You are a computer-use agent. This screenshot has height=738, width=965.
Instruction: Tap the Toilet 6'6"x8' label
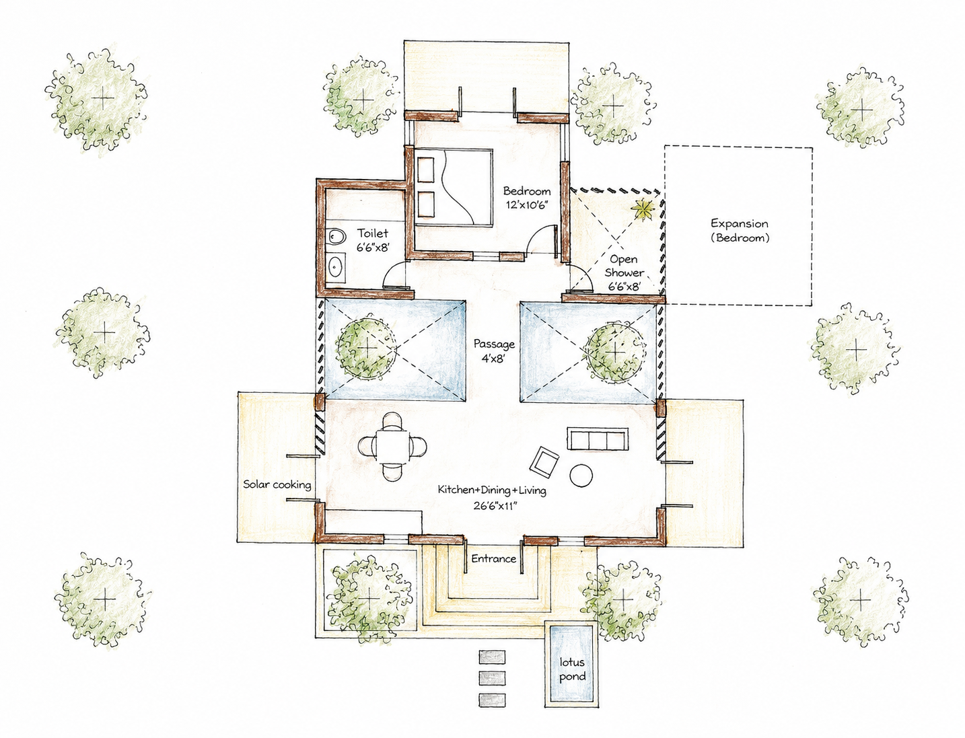(373, 239)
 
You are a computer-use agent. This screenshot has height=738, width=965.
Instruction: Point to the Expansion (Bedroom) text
(740, 230)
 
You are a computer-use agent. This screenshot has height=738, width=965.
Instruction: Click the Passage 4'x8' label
(494, 350)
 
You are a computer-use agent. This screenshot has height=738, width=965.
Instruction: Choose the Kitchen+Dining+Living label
(492, 490)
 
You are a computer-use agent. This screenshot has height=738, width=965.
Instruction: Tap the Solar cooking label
(277, 484)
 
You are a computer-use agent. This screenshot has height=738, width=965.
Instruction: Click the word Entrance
(494, 558)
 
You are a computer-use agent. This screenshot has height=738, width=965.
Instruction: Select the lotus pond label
(572, 669)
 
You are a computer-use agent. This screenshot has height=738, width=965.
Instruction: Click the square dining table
(392, 447)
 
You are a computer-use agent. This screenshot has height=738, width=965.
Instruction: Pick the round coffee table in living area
(581, 475)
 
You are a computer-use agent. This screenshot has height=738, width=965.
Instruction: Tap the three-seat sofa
(597, 438)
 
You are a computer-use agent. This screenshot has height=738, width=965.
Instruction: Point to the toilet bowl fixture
(337, 237)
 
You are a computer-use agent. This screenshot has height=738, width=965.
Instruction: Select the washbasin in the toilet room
(336, 266)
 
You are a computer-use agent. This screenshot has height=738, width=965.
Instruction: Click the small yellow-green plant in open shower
(643, 209)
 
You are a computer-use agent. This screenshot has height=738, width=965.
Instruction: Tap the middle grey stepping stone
(491, 677)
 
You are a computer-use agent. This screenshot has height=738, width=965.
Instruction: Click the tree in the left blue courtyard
(365, 348)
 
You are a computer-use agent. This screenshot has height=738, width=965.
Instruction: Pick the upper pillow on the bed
(425, 170)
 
